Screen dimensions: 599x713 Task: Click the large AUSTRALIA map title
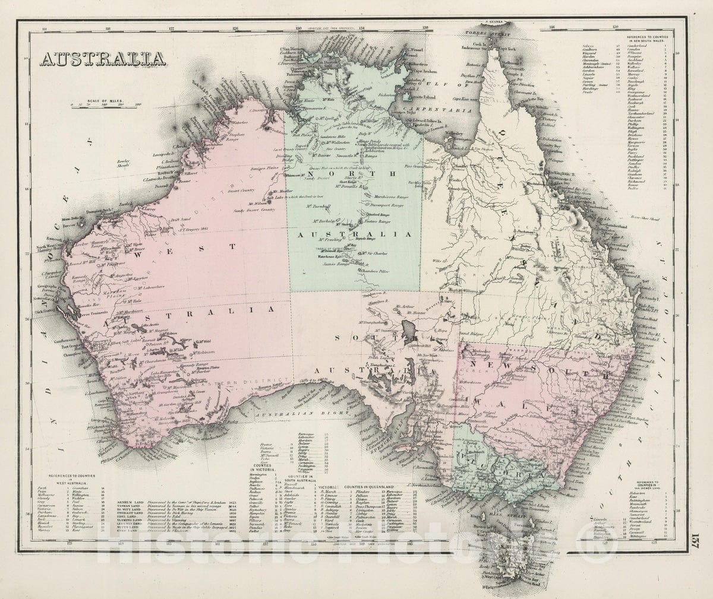pyautogui.click(x=103, y=59)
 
